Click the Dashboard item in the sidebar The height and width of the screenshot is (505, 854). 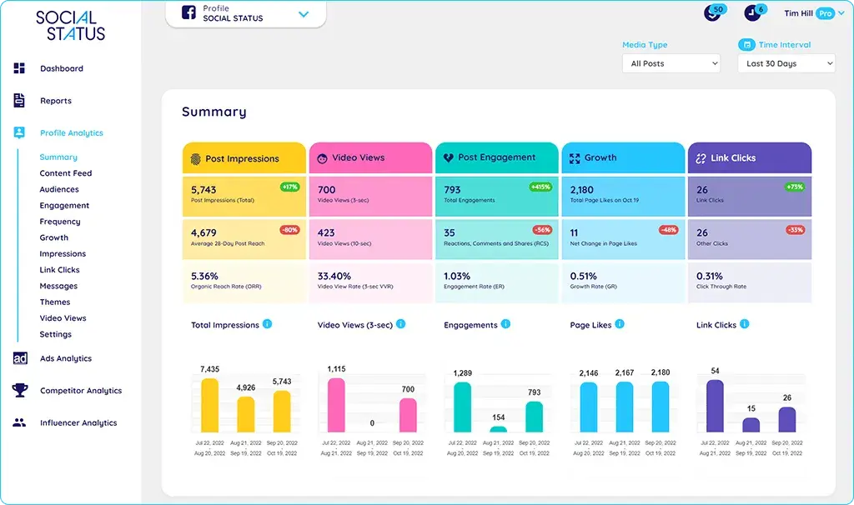(61, 68)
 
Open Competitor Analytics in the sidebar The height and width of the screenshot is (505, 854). (80, 391)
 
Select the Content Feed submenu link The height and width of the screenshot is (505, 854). (65, 173)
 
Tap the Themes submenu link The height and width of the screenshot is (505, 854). (55, 302)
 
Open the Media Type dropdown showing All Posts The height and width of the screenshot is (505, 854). (671, 63)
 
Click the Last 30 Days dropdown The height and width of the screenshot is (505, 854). (786, 63)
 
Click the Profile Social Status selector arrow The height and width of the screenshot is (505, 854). (304, 14)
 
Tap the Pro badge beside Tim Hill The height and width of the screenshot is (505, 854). (825, 13)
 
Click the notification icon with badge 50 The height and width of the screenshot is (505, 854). (712, 13)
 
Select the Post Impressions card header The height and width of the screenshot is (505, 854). (244, 157)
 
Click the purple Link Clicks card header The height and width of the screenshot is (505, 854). (749, 157)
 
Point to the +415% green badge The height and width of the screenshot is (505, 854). (540, 187)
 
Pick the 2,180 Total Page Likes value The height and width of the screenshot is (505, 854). (582, 190)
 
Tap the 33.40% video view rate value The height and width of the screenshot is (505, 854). (334, 276)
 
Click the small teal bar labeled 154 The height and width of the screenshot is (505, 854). (499, 428)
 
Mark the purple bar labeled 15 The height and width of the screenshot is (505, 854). (751, 424)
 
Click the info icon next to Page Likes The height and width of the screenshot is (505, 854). (620, 324)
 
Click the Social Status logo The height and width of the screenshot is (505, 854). (71, 25)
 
